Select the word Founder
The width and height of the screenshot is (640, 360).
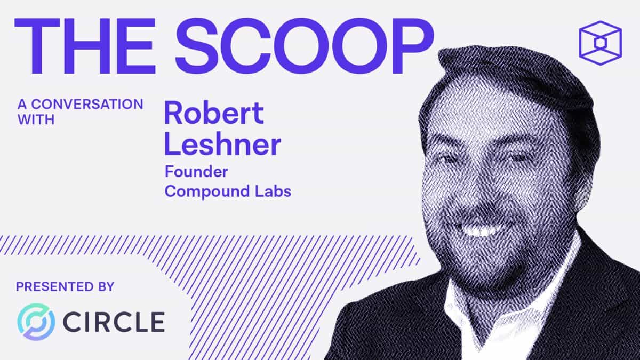pos(196,172)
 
